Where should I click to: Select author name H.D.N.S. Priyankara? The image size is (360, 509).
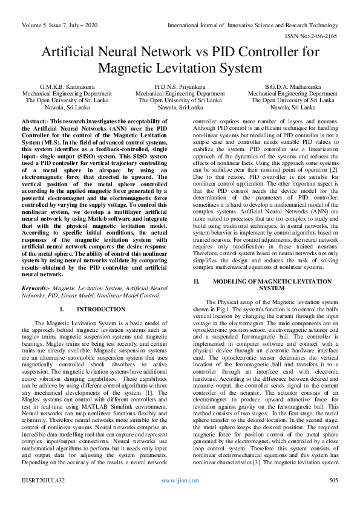click(180, 88)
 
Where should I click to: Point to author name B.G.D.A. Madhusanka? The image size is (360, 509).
click(293, 88)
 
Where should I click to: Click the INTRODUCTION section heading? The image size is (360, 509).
click(102, 309)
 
